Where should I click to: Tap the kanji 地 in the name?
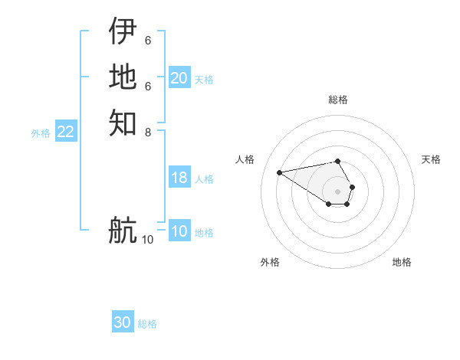[x=123, y=77]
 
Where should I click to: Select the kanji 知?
[x=123, y=122]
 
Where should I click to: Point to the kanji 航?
[x=123, y=230]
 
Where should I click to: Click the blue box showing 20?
[x=179, y=78]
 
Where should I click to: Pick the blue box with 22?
[x=66, y=132]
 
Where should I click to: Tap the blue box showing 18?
[x=179, y=178]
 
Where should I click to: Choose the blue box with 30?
[x=123, y=322]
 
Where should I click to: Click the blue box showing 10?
[x=179, y=231]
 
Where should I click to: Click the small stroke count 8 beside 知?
[x=148, y=131]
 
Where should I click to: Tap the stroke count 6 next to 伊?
[x=148, y=41]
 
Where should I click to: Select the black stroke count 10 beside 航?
[x=147, y=239]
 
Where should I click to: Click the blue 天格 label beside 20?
[x=204, y=79]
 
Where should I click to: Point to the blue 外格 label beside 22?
[x=41, y=133]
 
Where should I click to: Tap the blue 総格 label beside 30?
[x=147, y=324]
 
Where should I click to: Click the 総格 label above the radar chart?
[x=338, y=100]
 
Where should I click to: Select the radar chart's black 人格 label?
[x=245, y=159]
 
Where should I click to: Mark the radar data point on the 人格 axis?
[x=280, y=172]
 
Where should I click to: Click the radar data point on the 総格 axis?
[x=338, y=161]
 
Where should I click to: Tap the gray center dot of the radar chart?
[x=338, y=191]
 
